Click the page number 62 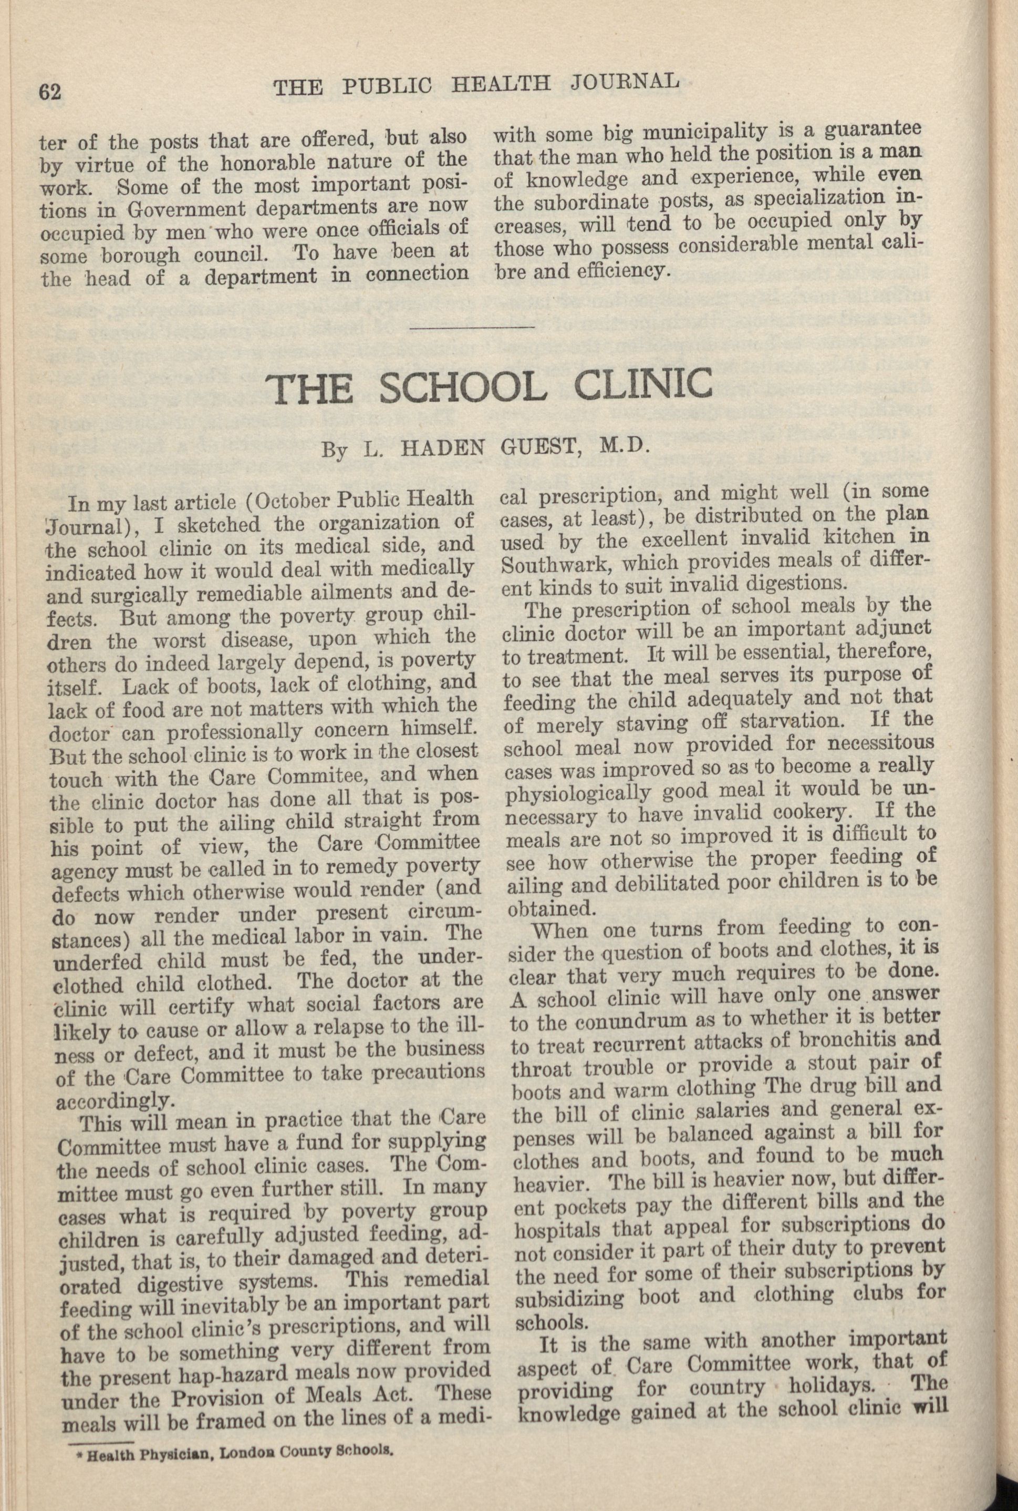[50, 93]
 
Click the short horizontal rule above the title [473, 327]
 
